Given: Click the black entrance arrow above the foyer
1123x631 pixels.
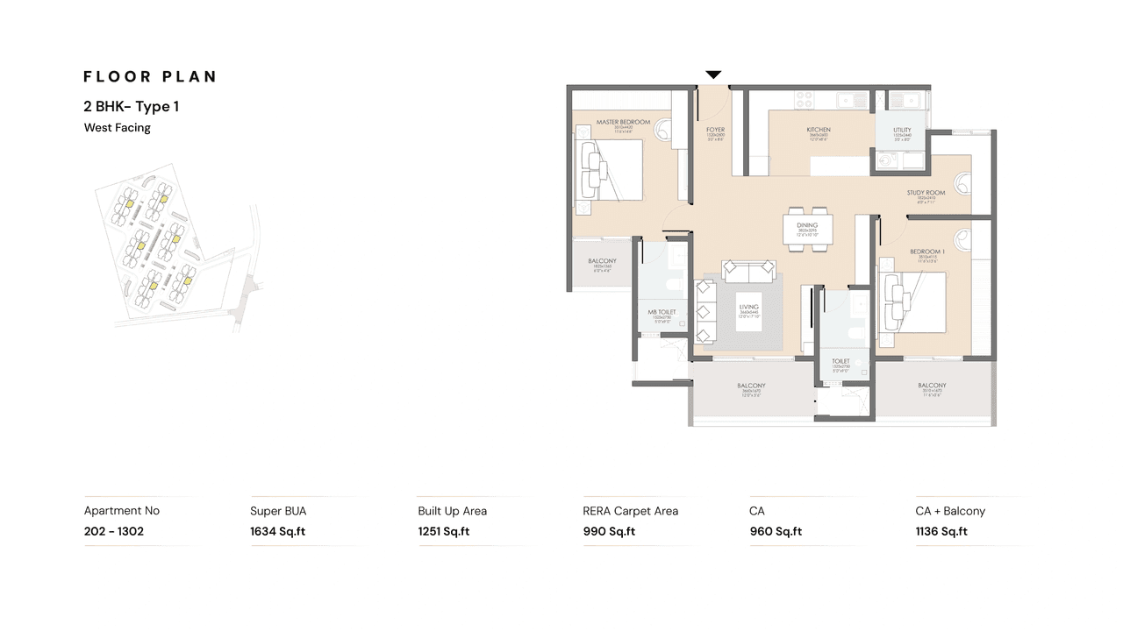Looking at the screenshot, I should pos(714,75).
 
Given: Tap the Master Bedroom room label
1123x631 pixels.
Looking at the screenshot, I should pos(623,122).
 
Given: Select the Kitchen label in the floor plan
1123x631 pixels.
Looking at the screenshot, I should pos(819,131).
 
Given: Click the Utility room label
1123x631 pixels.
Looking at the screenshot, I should pos(902,131).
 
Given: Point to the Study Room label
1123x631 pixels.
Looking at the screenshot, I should pos(926,193).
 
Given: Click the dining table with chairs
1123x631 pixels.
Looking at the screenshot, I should pos(808,230).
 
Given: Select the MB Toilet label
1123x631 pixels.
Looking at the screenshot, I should pos(662,312).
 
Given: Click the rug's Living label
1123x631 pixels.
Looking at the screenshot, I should pos(748,307).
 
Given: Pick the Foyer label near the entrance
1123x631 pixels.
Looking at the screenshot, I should pos(716,131).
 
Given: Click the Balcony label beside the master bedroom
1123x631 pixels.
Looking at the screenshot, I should pos(602,261).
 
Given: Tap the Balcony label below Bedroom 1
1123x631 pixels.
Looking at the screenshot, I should pos(932,386).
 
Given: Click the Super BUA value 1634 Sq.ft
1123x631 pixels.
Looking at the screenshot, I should pos(277,531).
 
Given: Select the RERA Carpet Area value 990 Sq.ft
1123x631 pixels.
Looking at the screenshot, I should pos(609,531).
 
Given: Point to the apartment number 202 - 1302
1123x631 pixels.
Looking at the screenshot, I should pos(113,531).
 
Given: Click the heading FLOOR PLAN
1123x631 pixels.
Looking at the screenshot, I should pos(150,76).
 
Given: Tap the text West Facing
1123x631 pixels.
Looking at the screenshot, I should pos(117,128).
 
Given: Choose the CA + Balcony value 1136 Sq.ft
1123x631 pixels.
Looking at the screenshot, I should pos(941,531).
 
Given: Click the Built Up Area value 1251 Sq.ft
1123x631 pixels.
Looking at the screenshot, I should pos(443,531).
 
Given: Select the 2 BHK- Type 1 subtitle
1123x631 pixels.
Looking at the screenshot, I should pos(132,106).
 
